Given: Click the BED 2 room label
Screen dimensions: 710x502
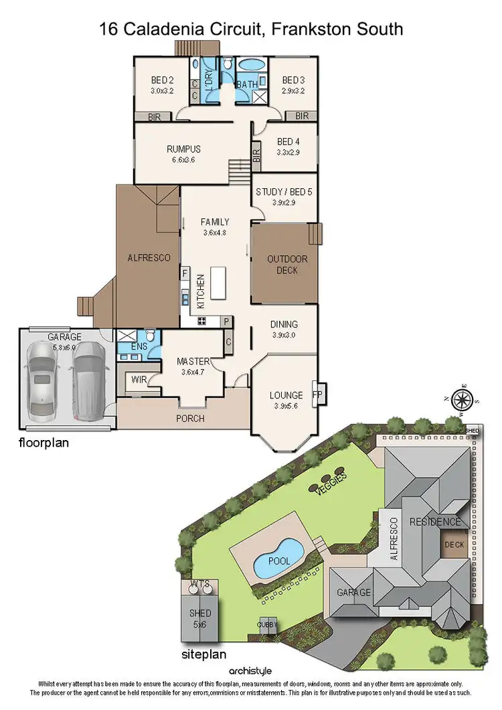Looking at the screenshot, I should [x=161, y=79].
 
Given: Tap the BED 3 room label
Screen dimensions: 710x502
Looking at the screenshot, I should [x=293, y=79].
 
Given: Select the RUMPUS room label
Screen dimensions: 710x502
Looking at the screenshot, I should [x=183, y=149].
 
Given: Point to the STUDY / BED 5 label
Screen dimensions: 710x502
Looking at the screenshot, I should [x=284, y=192].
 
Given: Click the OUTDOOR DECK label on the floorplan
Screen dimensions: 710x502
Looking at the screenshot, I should [x=287, y=265].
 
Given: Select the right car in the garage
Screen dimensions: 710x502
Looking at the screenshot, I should [x=87, y=385].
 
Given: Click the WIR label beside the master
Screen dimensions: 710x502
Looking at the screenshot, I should [x=139, y=380].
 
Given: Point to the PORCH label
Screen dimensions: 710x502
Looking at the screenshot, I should [x=191, y=419].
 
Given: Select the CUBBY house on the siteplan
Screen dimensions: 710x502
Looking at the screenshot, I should [x=268, y=624].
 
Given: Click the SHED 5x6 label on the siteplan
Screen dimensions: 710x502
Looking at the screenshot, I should [x=200, y=618].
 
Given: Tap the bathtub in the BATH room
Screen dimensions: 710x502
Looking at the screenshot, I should [x=251, y=66].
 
